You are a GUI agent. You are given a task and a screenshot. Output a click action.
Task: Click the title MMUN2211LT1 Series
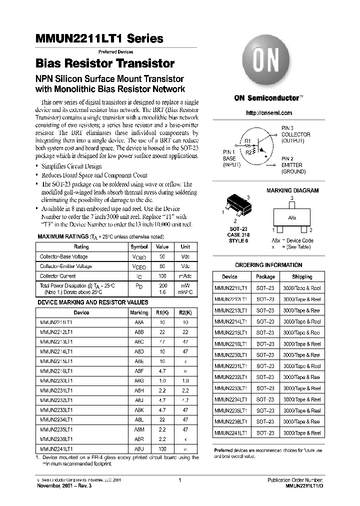tap(99, 38)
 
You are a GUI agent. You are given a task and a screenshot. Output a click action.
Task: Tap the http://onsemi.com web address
tap(269, 113)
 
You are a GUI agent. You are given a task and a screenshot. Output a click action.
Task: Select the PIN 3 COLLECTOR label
tap(295, 134)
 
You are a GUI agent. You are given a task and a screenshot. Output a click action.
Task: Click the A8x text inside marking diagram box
tap(292, 218)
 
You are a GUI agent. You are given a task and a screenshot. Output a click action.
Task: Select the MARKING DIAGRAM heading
tap(292, 190)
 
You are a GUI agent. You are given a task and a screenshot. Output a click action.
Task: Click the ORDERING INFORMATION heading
tap(268, 265)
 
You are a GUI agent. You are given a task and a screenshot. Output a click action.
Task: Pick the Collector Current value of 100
tap(162, 276)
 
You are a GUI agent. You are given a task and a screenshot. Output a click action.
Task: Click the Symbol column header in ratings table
tap(139, 246)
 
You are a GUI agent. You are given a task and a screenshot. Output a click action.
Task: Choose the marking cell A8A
tap(139, 323)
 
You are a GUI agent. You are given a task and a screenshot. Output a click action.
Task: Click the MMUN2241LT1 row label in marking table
tap(56, 448)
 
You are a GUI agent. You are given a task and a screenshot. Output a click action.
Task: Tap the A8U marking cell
tap(139, 448)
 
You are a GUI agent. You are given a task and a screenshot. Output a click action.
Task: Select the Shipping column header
tap(302, 276)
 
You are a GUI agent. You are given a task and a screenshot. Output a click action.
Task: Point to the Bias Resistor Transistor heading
tap(105, 63)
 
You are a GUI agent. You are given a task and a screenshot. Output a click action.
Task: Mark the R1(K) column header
tap(162, 312)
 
